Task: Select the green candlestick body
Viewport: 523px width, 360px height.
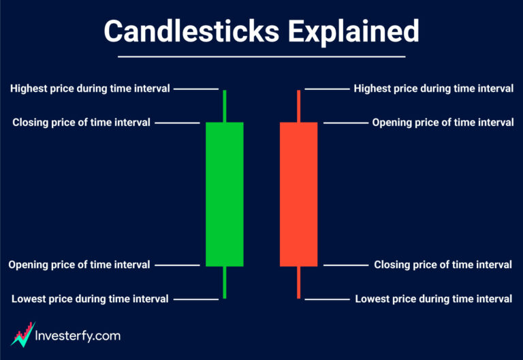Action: coord(224,194)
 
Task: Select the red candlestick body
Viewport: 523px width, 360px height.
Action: coord(298,194)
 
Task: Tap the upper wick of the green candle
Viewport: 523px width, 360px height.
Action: coord(224,105)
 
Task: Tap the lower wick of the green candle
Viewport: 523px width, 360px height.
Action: coord(224,282)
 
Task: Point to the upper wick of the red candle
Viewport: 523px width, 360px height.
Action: coord(298,105)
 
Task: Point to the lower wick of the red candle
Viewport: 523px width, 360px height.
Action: coord(298,282)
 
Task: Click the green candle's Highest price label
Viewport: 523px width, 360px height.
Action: coord(90,88)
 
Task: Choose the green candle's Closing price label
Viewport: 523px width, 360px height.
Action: coord(82,122)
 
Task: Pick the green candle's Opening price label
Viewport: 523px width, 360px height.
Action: coord(79,265)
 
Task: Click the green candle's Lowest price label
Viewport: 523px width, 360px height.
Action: coord(90,299)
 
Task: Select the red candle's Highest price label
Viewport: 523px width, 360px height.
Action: coord(434,88)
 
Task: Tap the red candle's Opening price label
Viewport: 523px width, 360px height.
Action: coord(443,122)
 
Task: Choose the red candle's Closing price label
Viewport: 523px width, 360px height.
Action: coord(443,265)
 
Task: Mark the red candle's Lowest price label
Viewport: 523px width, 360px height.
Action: coord(434,299)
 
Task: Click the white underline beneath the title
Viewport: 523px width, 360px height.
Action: coord(261,56)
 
